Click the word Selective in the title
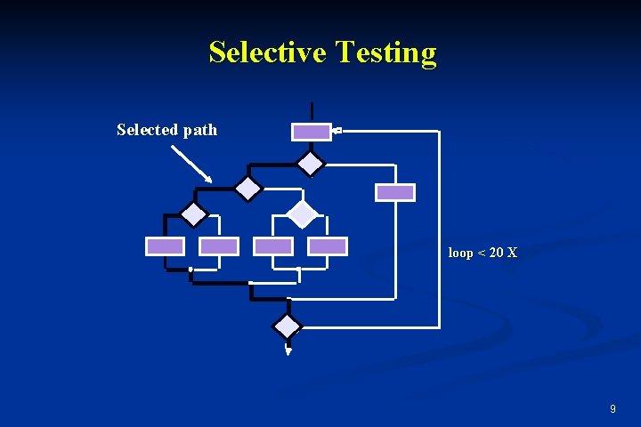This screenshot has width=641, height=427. pos(269,52)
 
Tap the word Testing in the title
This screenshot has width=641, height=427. pos(386,53)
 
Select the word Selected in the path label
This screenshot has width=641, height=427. pos(148,130)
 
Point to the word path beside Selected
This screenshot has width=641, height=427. pos(200,130)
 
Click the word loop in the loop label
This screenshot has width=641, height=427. pos(460,253)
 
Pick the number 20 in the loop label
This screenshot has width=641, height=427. pos(496,253)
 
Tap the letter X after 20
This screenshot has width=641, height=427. pos(512,253)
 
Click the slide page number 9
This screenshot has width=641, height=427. pos(613,408)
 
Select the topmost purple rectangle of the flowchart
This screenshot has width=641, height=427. pos(312,132)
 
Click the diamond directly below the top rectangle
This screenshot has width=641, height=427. pos(311,163)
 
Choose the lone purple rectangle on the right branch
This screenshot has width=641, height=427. pos(395,192)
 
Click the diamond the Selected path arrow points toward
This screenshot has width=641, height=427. pos(247,188)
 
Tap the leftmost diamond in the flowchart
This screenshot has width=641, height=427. pos(193,214)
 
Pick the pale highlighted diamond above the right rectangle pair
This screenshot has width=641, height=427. pos(303,213)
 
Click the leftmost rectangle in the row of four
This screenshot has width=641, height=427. pos(166,246)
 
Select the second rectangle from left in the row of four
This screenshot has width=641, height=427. pos(219,246)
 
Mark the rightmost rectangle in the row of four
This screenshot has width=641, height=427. pos(328,246)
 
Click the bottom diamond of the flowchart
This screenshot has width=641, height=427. pos(288,326)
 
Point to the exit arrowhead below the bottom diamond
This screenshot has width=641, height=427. pos(288,351)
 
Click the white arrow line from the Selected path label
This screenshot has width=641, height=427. pos(191,165)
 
